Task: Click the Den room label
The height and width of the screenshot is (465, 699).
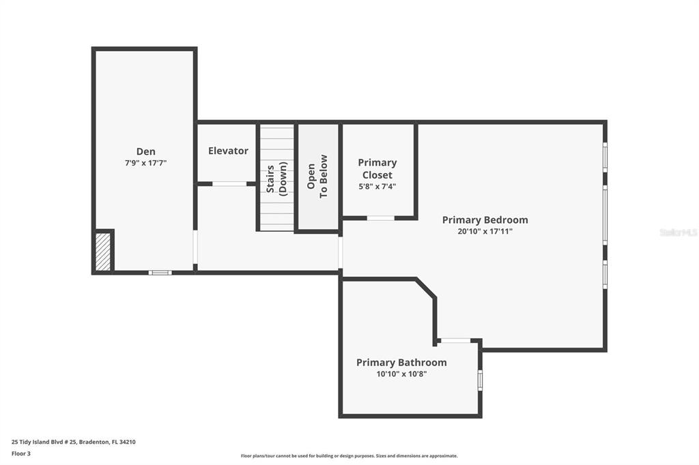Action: pyautogui.click(x=146, y=151)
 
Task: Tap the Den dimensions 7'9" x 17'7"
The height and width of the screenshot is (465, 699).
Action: pyautogui.click(x=146, y=163)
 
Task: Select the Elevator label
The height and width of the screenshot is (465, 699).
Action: pyautogui.click(x=228, y=151)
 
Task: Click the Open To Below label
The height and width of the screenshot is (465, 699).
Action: pyautogui.click(x=317, y=177)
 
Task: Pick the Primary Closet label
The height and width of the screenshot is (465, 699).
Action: pyautogui.click(x=377, y=169)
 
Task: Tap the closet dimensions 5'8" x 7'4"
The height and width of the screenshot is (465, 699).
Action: pyautogui.click(x=377, y=187)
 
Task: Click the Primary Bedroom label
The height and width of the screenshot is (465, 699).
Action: pyautogui.click(x=485, y=220)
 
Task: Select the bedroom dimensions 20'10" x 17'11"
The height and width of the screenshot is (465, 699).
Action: pyautogui.click(x=485, y=231)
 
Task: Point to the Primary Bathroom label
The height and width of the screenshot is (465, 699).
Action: pyautogui.click(x=401, y=363)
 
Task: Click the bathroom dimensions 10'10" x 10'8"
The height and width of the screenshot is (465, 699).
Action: pyautogui.click(x=401, y=374)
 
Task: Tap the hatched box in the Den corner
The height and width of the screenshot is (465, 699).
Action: pyautogui.click(x=104, y=252)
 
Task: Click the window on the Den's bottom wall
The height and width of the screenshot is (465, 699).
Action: pyautogui.click(x=160, y=273)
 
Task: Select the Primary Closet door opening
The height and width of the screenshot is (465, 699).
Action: pyautogui.click(x=380, y=217)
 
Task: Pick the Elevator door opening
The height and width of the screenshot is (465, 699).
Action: pyautogui.click(x=229, y=183)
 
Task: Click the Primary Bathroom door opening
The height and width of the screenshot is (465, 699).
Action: pyautogui.click(x=455, y=341)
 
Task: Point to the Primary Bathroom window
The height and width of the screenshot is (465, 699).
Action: pyautogui.click(x=480, y=380)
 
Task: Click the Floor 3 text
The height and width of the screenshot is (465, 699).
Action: pyautogui.click(x=21, y=454)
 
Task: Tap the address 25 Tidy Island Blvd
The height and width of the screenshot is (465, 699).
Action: pyautogui.click(x=74, y=442)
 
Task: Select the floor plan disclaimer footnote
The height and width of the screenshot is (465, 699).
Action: pyautogui.click(x=349, y=455)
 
